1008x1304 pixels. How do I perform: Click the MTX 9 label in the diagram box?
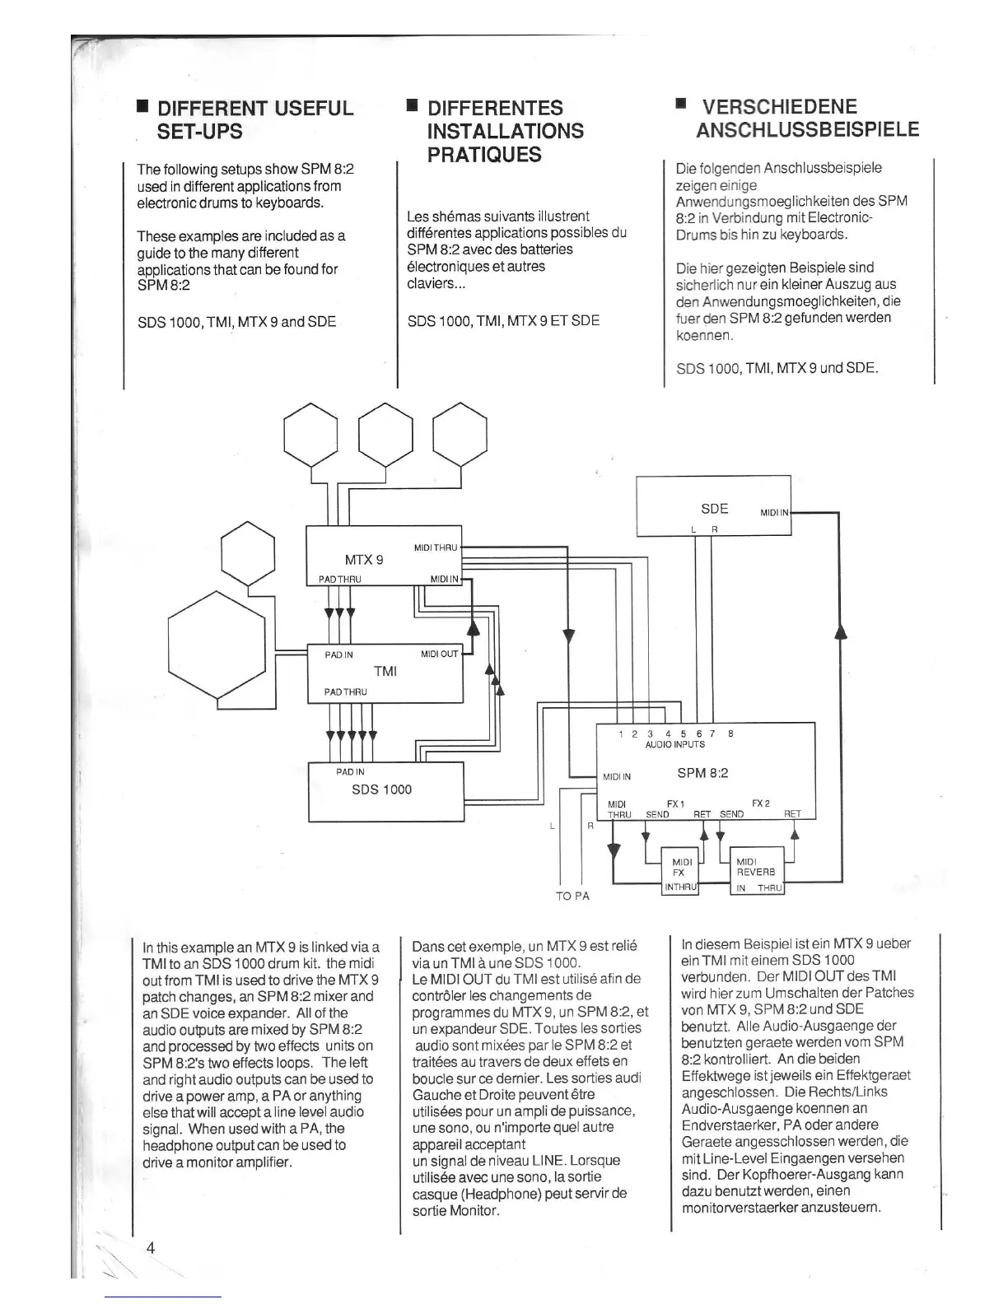coord(364,560)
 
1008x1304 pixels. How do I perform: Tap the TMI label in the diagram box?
coord(385,671)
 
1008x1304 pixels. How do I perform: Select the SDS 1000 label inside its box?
coord(381,789)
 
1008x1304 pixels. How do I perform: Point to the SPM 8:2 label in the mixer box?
coord(702,773)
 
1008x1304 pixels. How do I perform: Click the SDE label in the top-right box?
coord(714,509)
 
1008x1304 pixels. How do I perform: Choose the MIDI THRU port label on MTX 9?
coord(435,547)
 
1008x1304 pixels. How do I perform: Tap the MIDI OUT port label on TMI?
coord(439,654)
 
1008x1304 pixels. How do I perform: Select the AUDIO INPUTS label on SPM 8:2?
coord(674,744)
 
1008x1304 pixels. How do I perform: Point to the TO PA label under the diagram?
coord(572,896)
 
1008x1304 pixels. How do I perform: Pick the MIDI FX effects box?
coord(680,870)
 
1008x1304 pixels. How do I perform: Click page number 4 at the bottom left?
coord(151,1247)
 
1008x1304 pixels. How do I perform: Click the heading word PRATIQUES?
coord(483,155)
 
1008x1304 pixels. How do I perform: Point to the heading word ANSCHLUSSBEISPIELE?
coord(807,130)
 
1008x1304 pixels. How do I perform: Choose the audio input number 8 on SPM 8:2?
coord(730,733)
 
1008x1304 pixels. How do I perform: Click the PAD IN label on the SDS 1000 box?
coord(350,772)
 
